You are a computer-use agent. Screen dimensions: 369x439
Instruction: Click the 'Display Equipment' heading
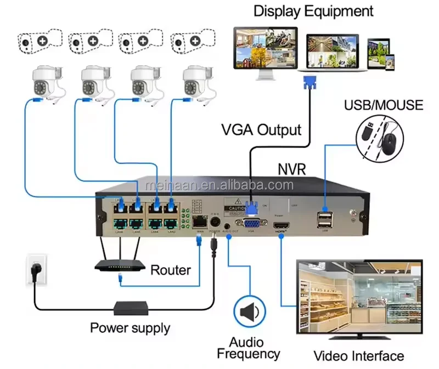[x=313, y=10]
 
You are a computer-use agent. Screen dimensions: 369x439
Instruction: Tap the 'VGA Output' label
[x=261, y=130]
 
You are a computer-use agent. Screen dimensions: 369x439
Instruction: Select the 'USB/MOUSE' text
[x=384, y=105]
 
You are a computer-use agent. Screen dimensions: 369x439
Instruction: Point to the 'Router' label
[x=171, y=270]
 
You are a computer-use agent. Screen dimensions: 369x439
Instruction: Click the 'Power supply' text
[x=130, y=328]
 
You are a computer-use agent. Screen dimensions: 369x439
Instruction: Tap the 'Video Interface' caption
[x=358, y=355]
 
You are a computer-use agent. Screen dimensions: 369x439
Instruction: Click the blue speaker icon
[x=249, y=312]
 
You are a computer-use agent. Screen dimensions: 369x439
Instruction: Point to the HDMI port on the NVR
[x=281, y=226]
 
